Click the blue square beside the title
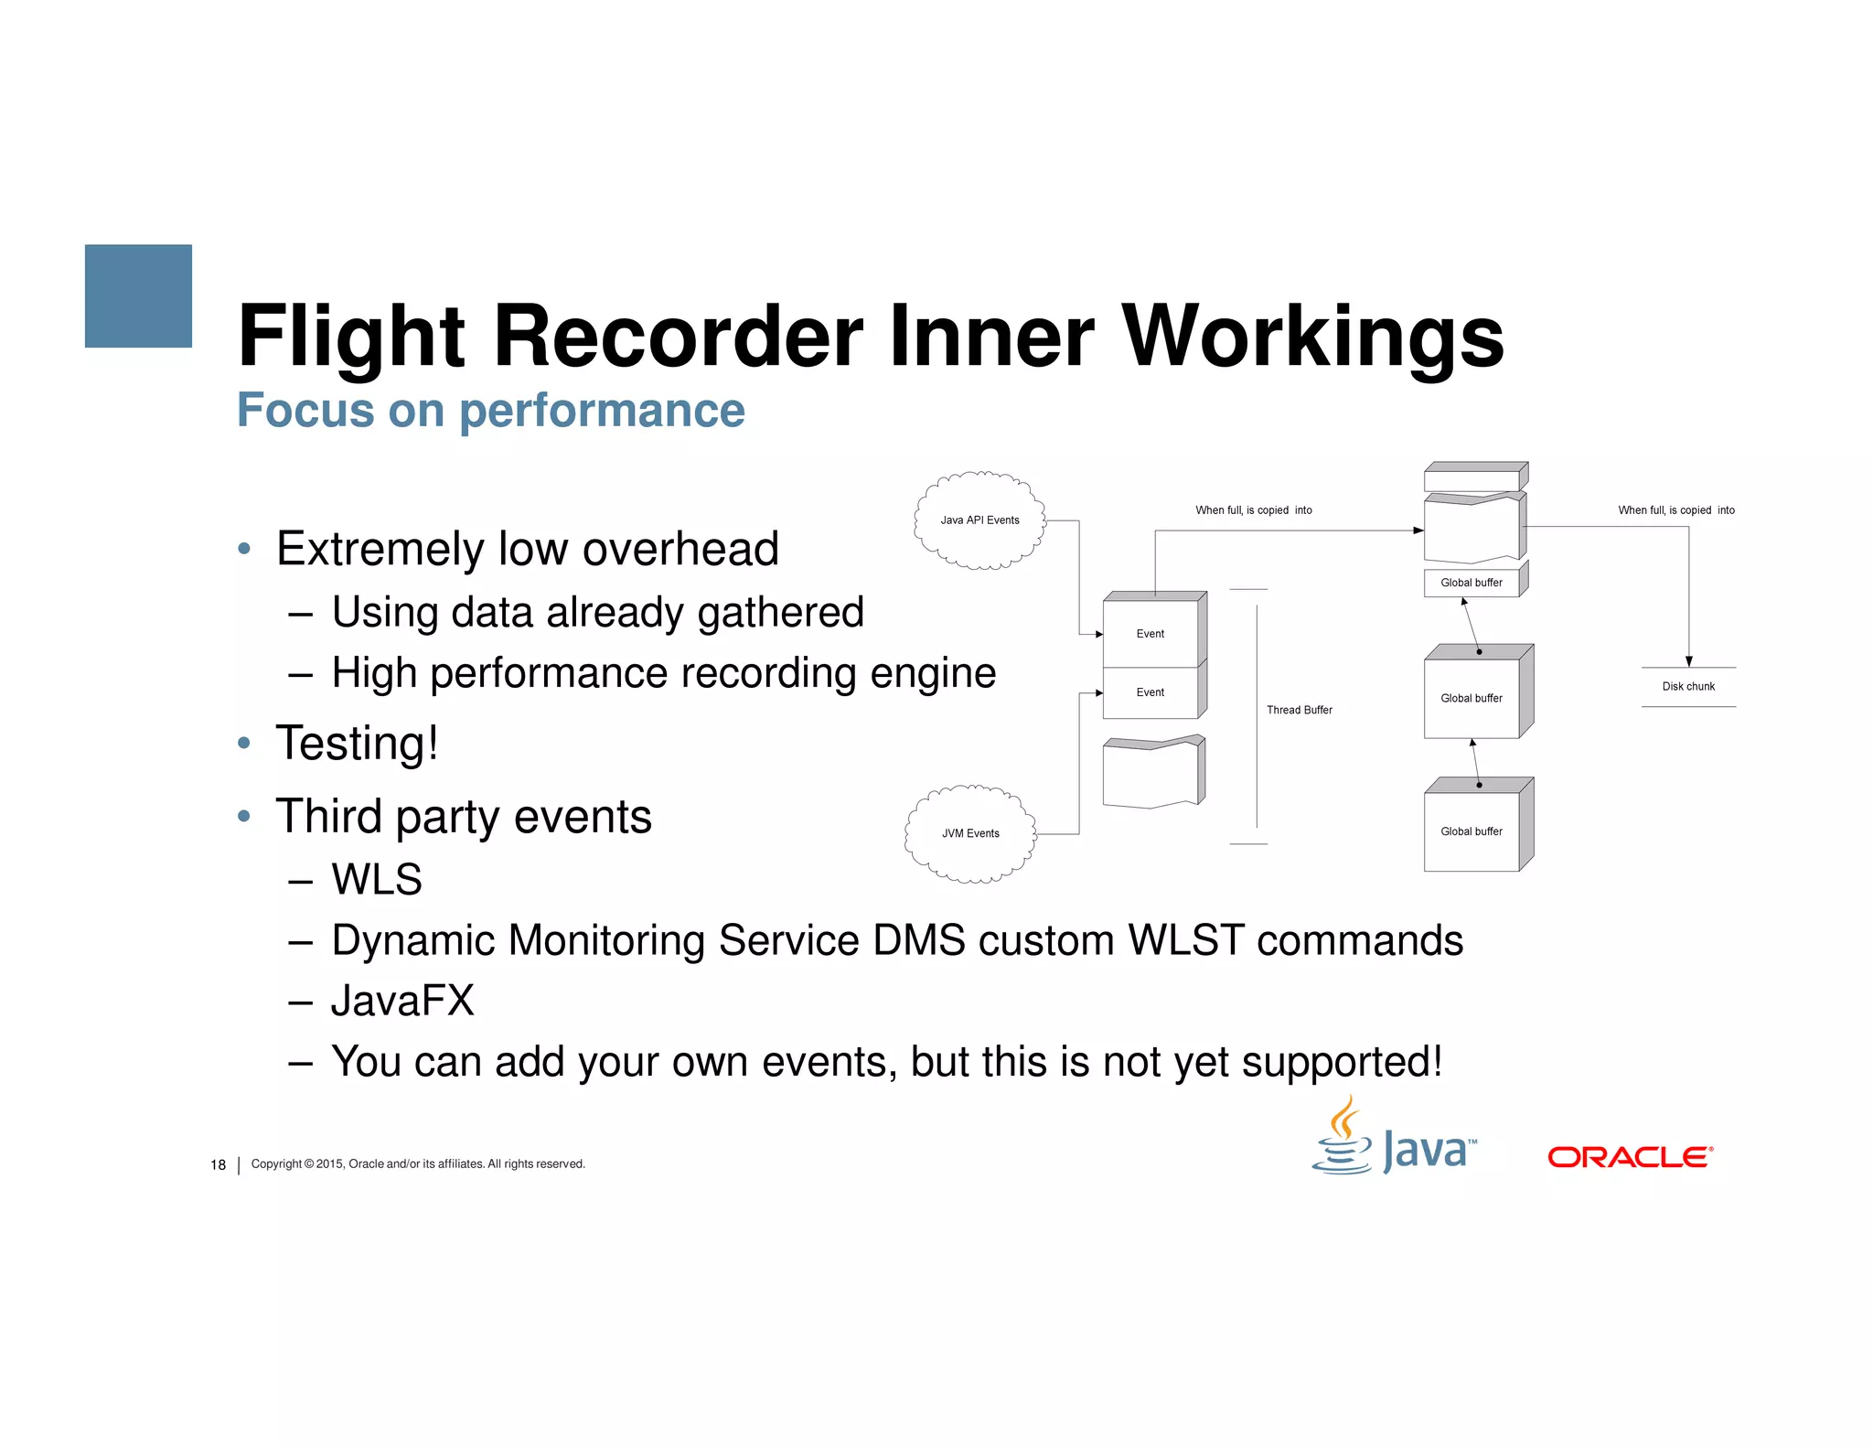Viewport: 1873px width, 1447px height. (138, 295)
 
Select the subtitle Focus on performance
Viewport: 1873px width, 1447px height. (491, 410)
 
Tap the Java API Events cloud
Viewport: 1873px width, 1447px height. (979, 520)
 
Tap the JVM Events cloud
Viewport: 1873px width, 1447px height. (970, 833)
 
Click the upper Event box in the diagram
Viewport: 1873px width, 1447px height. (1150, 633)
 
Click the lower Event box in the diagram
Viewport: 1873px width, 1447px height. (1150, 692)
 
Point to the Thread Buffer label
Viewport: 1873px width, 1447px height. (1299, 710)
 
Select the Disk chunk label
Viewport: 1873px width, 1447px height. (1688, 686)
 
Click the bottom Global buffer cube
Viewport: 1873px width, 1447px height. (1472, 831)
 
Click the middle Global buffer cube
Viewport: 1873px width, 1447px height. (1472, 697)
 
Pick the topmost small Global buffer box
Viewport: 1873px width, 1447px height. (1472, 583)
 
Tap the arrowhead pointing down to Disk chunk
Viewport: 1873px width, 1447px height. (1689, 661)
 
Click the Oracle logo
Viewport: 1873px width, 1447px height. (1630, 1157)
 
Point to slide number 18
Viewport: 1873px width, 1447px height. (218, 1164)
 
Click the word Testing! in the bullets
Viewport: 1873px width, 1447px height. (358, 743)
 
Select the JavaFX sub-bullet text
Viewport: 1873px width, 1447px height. (403, 1001)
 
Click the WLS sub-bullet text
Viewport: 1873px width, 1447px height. (377, 879)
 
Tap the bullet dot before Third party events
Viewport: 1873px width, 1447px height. (243, 816)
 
